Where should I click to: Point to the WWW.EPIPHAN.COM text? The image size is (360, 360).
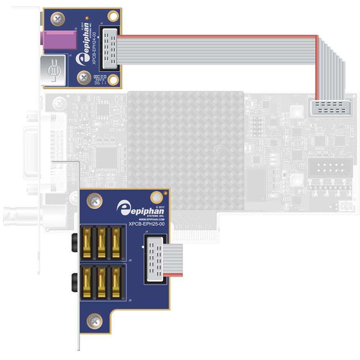click(x=151, y=219)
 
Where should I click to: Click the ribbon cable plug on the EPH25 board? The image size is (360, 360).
click(x=155, y=258)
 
